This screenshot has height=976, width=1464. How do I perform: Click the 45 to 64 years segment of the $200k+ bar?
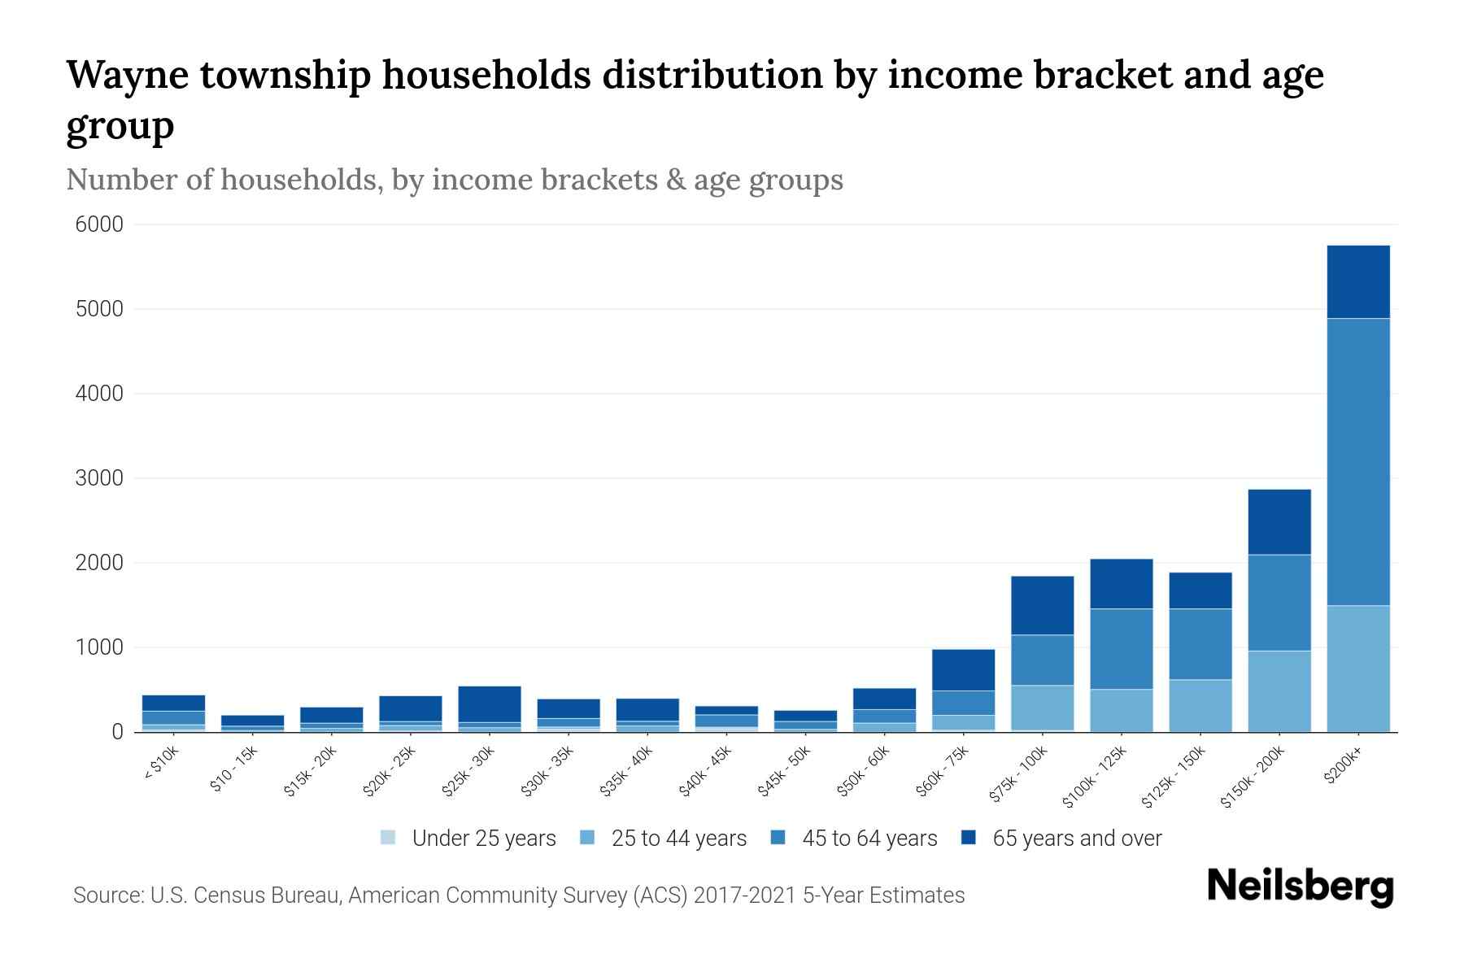[1357, 461]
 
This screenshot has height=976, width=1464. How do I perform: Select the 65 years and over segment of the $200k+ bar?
[1357, 281]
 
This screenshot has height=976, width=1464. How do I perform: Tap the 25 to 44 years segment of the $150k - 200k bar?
[1279, 691]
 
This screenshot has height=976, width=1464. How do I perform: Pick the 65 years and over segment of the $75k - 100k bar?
[1042, 605]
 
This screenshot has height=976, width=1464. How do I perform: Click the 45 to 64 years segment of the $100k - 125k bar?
[1121, 648]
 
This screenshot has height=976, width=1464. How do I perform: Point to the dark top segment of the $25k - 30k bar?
[490, 704]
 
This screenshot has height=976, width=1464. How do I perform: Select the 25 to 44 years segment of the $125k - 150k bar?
[1200, 705]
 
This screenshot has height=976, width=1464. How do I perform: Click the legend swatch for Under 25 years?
[388, 838]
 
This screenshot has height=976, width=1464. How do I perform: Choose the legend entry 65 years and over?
[1077, 839]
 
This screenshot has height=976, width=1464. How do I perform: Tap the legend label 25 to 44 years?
[678, 839]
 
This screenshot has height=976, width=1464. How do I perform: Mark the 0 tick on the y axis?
[118, 732]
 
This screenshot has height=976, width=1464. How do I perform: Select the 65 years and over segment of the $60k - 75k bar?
[963, 669]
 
